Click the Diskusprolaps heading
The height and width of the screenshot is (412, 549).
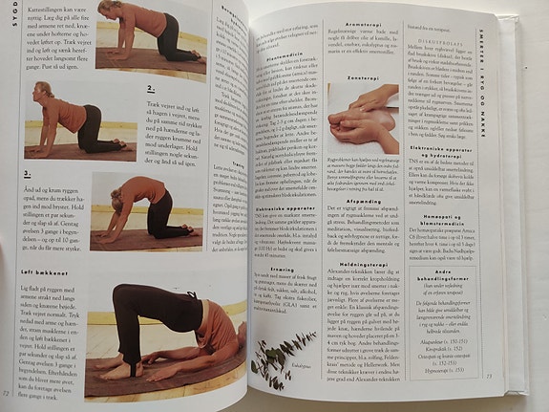pyautogui.click(x=445, y=41)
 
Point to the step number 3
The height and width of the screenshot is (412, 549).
pyautogui.click(x=29, y=173)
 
